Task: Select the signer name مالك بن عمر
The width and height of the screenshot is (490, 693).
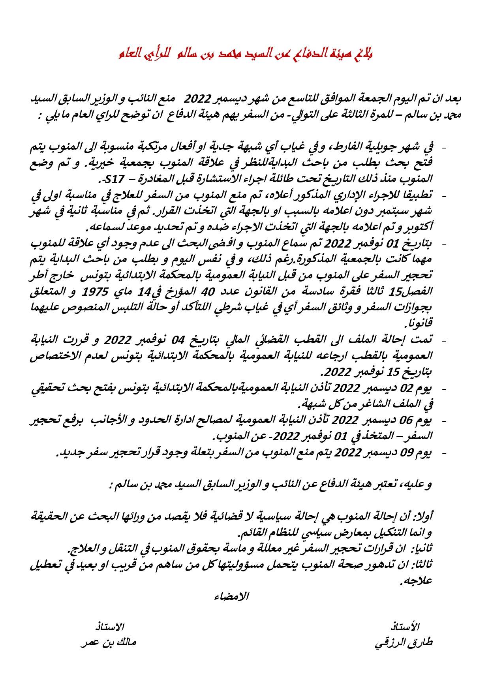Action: coord(108,642)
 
